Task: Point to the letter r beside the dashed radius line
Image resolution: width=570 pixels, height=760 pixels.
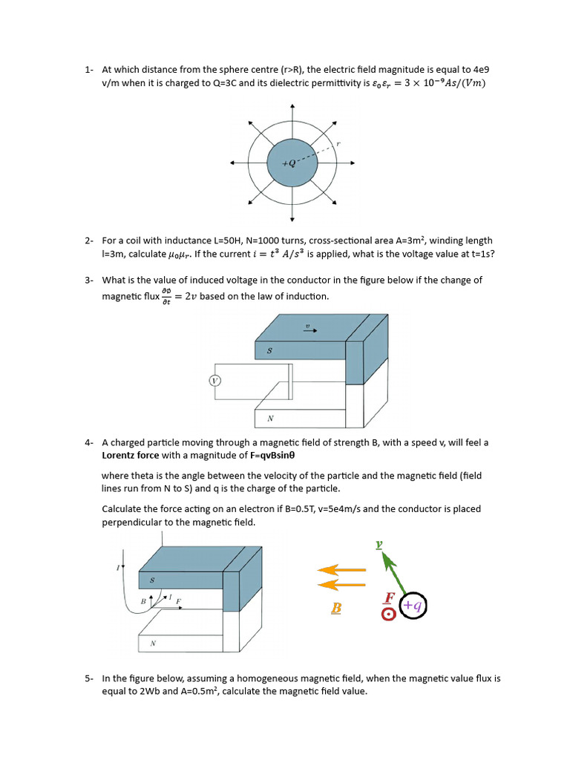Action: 338,144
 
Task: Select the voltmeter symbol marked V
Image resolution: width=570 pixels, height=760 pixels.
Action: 215,381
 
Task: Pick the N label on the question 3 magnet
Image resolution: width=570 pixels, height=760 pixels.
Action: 271,419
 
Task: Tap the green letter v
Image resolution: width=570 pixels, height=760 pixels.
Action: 379,544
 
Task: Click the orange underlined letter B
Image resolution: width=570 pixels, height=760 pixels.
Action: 336,609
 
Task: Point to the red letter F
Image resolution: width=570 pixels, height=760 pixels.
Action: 390,598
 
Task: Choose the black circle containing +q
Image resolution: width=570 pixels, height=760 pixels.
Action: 413,606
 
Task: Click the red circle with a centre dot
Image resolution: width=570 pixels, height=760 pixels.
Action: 387,615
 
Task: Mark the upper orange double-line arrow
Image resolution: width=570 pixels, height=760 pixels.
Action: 341,570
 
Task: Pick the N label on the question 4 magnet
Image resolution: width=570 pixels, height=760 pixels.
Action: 153,643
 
